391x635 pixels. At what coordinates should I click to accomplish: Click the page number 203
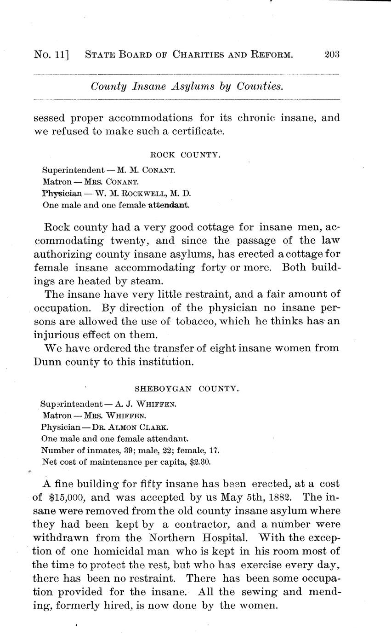[x=331, y=55]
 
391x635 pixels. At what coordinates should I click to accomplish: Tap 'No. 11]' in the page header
[x=51, y=55]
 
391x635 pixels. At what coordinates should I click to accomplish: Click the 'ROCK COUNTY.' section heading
[x=186, y=155]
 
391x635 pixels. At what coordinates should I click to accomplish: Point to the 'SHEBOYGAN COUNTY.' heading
[x=187, y=388]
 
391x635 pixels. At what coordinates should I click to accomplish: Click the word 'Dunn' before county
[x=48, y=362]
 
